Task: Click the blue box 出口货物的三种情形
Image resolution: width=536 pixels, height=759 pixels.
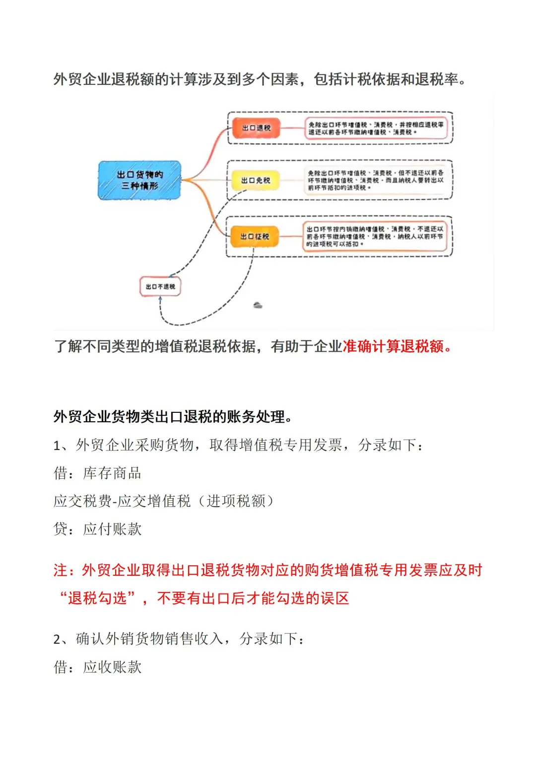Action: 139,180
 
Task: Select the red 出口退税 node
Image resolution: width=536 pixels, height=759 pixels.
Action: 256,128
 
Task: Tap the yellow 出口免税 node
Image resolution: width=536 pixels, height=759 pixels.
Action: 256,180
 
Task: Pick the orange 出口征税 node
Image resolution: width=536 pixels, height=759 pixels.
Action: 255,236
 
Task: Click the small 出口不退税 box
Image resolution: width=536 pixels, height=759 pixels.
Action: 160,287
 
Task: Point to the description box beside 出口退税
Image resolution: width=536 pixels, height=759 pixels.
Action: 376,128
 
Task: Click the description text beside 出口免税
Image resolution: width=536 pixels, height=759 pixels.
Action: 376,180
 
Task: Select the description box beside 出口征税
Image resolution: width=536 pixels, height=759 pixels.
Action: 375,236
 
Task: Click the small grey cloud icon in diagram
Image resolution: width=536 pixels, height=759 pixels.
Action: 258,305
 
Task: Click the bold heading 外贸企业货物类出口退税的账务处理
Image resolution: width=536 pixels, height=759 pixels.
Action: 172,416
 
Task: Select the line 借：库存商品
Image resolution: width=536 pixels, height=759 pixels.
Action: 97,473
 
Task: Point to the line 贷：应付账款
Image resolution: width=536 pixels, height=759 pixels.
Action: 97,529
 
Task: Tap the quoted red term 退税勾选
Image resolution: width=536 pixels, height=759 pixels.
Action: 97,598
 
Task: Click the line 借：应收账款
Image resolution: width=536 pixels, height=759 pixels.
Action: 97,667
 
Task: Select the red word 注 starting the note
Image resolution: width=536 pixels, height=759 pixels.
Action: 61,570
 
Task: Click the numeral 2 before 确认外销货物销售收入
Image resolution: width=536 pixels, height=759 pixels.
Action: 57,639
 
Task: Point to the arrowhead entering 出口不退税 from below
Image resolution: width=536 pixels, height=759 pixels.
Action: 160,300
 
